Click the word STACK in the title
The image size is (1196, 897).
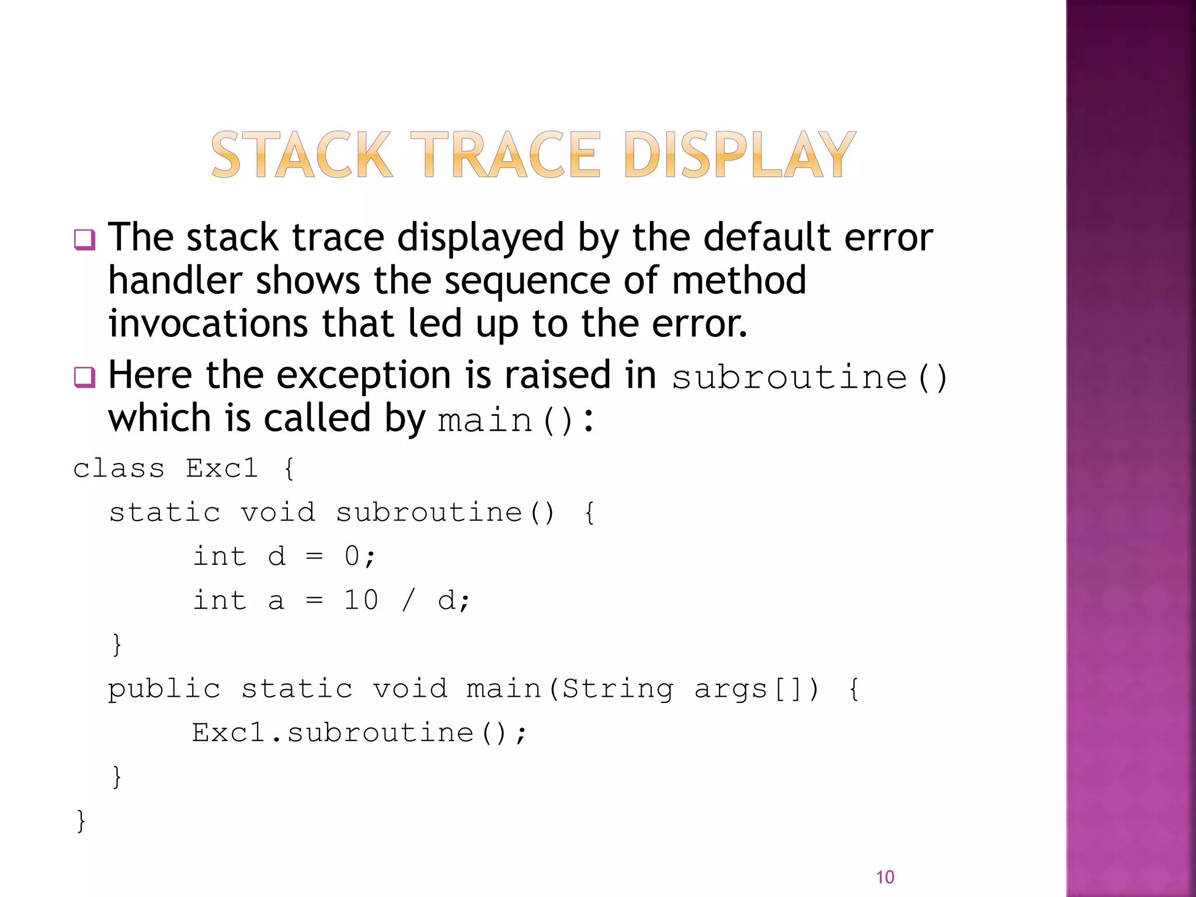coord(301,155)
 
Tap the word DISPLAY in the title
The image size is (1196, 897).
coord(739,155)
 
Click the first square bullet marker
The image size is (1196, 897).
coord(84,239)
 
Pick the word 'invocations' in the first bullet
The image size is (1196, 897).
coord(208,324)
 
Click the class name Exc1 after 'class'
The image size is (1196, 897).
coord(222,468)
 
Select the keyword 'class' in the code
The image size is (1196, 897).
coord(119,468)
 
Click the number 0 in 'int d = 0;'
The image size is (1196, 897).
coord(352,556)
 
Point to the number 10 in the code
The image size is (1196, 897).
coord(361,600)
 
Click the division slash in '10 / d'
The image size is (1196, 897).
coord(408,600)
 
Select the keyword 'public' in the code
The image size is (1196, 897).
coord(164,689)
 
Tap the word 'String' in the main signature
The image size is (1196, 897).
coord(617,689)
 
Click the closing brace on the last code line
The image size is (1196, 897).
coord(81,820)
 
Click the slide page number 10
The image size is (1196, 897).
coord(885,877)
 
